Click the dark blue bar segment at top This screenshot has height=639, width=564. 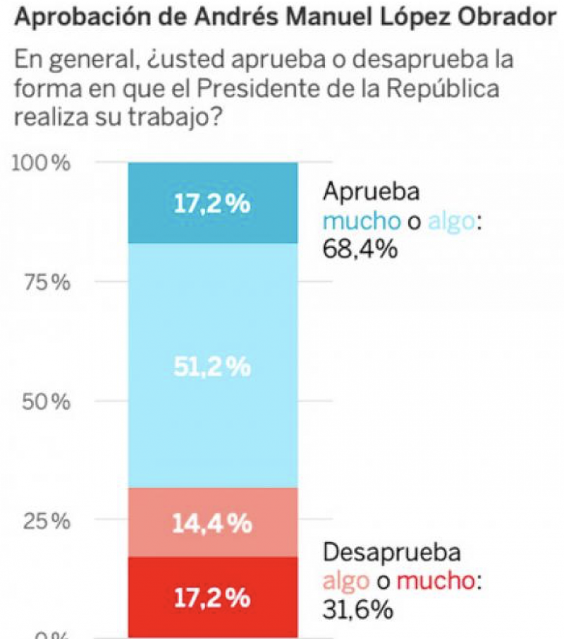click(x=212, y=203)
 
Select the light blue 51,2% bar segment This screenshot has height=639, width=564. click(x=212, y=365)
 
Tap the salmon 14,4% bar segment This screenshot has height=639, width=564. click(x=212, y=522)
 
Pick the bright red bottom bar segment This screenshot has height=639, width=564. click(x=212, y=597)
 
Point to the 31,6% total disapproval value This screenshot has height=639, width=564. click(x=357, y=609)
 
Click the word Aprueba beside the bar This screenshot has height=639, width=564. click(x=372, y=192)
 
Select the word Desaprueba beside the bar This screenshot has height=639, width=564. click(x=392, y=552)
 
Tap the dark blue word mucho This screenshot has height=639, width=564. click(x=360, y=221)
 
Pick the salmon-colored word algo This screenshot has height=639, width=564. click(x=345, y=581)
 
